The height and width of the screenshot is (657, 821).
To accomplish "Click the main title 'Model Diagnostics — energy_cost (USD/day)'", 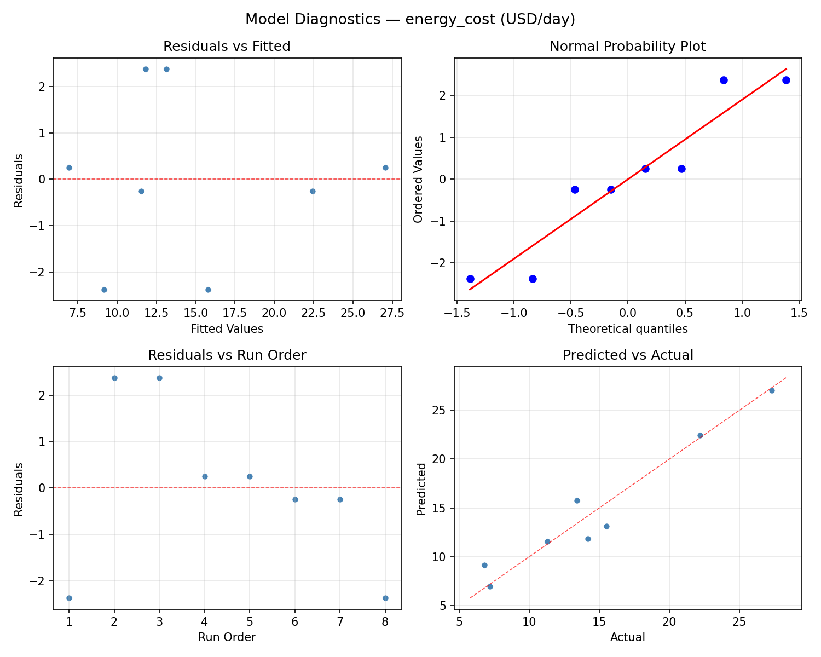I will (410, 19).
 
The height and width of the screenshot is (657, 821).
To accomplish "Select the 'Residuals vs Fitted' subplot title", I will (227, 47).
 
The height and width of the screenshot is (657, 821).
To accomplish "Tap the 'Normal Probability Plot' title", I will (627, 47).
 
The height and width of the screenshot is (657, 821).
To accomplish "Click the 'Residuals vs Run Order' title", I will (227, 355).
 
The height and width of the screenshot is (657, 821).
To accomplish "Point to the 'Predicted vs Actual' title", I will (627, 355).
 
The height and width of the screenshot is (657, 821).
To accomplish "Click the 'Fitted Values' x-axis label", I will (227, 329).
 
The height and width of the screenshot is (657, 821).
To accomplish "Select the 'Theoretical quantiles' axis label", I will (627, 329).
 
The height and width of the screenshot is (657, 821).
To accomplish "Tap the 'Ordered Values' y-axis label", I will (418, 180).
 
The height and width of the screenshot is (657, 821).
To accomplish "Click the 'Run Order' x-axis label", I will (227, 637).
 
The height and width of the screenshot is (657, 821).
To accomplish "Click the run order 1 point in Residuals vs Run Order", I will (69, 598).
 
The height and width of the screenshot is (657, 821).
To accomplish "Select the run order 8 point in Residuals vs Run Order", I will (385, 598).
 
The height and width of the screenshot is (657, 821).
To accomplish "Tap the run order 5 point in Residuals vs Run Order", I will (250, 476).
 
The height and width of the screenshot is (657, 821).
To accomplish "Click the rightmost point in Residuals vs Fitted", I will (385, 168).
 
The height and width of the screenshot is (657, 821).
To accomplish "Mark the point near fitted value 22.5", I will (313, 191).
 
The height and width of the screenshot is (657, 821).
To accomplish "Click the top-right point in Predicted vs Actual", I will (772, 390).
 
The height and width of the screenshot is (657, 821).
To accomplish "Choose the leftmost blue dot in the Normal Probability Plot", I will (470, 279).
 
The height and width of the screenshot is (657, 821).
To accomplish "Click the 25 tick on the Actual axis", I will (739, 622).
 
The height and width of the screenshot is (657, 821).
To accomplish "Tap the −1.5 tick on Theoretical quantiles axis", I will (456, 313).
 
